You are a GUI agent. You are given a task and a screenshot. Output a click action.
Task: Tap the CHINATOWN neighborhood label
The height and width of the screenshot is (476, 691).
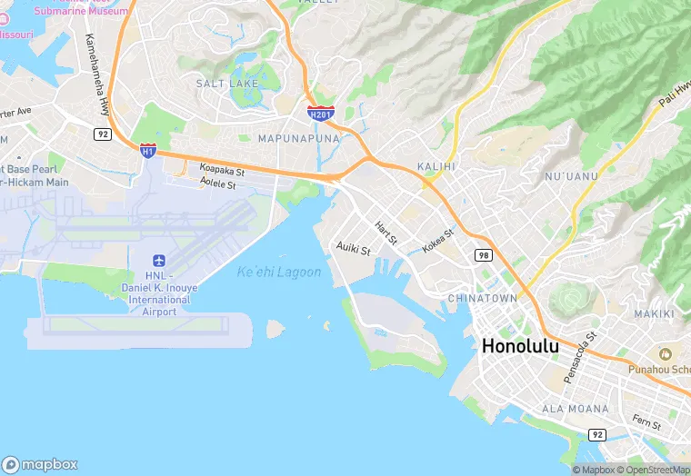coord(483,298)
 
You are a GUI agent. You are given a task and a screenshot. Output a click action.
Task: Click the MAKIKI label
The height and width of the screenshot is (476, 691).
coord(655,313)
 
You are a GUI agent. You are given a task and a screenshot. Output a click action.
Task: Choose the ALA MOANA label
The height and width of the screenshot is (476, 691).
coord(576,409)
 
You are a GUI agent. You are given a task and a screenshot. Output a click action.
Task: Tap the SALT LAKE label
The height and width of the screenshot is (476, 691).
coord(226,84)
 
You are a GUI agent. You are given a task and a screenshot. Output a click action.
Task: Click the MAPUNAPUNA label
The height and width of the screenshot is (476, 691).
coord(298,139)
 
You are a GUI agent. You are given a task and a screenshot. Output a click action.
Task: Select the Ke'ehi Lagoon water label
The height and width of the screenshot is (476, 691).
coord(279,273)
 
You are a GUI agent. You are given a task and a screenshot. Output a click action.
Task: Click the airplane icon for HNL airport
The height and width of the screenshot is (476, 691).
coord(159,262)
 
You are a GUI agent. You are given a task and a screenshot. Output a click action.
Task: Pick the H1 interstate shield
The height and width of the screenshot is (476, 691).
coord(147,150)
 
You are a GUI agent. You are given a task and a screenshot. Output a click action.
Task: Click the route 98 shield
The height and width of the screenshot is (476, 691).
coord(481,256)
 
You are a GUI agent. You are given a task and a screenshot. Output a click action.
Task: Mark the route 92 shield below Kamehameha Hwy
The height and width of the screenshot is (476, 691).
coord(102,134)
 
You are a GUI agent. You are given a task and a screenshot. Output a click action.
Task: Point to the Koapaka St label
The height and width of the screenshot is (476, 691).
coord(222,170)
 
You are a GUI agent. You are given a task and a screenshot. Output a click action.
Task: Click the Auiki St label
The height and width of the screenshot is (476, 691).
coord(354,248)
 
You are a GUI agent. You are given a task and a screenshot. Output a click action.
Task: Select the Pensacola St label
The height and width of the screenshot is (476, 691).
coord(578,358)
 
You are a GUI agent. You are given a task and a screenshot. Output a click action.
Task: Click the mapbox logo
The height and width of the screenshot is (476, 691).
coord(40,463)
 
